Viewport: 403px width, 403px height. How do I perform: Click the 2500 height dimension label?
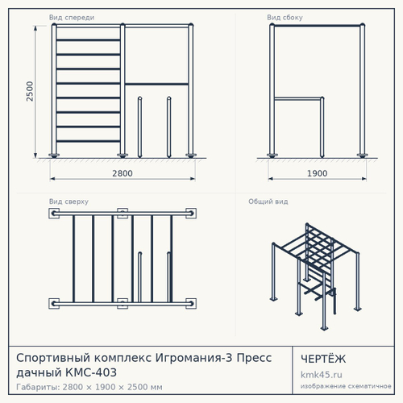[30, 91]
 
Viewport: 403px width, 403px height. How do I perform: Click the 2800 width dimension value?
[123, 173]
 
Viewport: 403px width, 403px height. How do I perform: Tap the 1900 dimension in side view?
[318, 173]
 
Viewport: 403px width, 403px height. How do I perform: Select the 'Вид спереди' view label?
[72, 18]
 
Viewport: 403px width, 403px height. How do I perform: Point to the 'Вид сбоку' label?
[285, 18]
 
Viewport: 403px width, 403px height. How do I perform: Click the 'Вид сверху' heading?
[69, 201]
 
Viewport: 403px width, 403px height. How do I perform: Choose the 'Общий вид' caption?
[268, 201]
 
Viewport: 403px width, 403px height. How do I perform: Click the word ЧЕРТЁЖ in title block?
[323, 359]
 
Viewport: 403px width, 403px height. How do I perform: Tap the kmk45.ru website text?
[322, 375]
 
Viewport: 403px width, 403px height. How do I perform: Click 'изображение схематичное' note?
[346, 386]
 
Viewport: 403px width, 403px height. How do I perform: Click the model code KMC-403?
[91, 372]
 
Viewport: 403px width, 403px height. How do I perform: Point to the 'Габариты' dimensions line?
[89, 387]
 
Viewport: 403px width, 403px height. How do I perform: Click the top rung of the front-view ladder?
[88, 40]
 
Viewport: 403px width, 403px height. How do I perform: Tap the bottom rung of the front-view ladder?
[88, 141]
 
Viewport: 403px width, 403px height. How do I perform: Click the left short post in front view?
[139, 127]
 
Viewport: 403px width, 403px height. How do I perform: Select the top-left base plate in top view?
[54, 214]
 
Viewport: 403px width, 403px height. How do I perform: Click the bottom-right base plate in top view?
[191, 304]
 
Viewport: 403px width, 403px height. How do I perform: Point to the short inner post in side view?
[322, 127]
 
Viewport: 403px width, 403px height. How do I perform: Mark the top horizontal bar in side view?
[318, 26]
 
